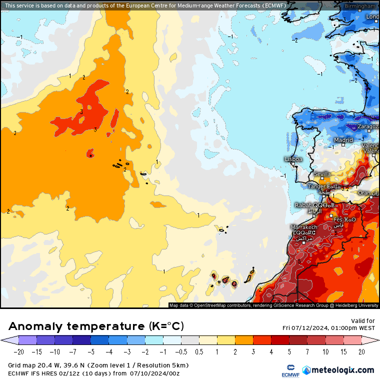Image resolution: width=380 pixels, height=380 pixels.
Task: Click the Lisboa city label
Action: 293,159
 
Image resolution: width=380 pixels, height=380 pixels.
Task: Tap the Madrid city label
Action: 343,140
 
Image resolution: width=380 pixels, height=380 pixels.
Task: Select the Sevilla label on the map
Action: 321,174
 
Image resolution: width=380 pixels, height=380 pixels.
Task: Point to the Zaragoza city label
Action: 368,127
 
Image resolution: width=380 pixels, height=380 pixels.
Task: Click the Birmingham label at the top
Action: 360,6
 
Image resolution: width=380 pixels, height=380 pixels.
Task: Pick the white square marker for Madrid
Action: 343,145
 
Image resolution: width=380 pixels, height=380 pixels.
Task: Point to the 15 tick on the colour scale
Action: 343,352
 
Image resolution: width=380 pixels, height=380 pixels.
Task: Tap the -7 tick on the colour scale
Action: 73,352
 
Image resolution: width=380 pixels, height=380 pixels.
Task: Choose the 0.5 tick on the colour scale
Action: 199,352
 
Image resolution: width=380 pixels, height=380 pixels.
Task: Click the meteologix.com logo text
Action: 343,370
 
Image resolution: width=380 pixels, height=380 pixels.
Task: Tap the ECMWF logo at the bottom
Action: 289,370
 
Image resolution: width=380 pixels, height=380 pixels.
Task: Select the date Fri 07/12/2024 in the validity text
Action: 305,327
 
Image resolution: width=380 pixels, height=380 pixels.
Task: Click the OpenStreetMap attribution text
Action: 215,305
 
